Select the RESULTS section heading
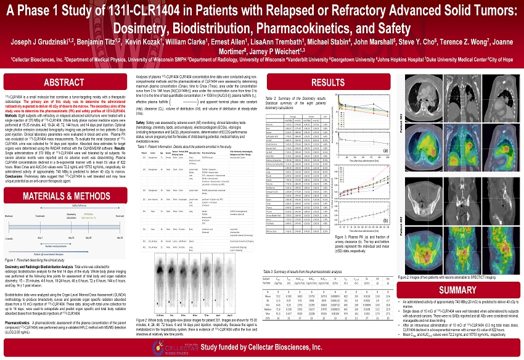pyautogui.click(x=327, y=82)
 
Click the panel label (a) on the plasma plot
pyautogui.click(x=385, y=150)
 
